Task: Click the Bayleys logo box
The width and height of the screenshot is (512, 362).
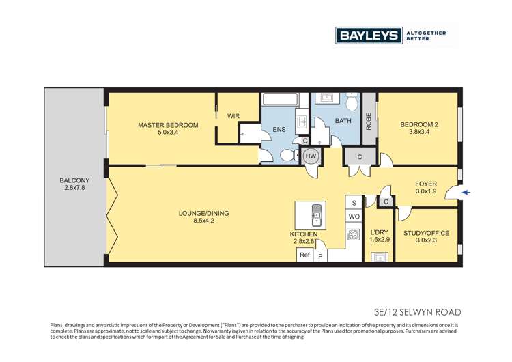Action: pyautogui.click(x=369, y=36)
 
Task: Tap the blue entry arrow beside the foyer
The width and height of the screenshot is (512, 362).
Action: pyautogui.click(x=466, y=193)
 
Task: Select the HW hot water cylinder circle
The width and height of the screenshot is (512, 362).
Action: pyautogui.click(x=310, y=156)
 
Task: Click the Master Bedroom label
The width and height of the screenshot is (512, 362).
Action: pyautogui.click(x=168, y=125)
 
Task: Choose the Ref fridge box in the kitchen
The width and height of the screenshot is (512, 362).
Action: pyautogui.click(x=304, y=255)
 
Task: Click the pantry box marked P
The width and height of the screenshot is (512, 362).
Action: pyautogui.click(x=320, y=256)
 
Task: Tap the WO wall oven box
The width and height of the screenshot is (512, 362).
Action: pyautogui.click(x=354, y=217)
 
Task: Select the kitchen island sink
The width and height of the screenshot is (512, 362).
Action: pyautogui.click(x=316, y=215)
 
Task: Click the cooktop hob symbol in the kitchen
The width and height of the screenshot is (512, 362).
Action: pyautogui.click(x=353, y=234)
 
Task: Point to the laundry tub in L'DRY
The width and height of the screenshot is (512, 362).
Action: pyautogui.click(x=380, y=257)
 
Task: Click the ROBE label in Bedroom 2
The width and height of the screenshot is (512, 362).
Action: pyautogui.click(x=369, y=122)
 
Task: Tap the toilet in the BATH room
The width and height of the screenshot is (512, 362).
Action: pyautogui.click(x=352, y=102)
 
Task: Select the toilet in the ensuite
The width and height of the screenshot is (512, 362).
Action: pyautogui.click(x=288, y=155)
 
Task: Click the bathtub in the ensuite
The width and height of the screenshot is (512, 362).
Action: pyautogui.click(x=280, y=99)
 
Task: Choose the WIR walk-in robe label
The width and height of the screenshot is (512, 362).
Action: pyautogui.click(x=233, y=116)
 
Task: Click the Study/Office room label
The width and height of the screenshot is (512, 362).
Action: pyautogui.click(x=426, y=233)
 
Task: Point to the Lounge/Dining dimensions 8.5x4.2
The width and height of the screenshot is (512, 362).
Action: pyautogui.click(x=203, y=221)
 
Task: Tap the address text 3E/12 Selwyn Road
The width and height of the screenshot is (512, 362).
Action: pyautogui.click(x=417, y=312)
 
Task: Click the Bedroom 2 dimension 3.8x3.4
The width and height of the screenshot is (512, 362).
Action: pyautogui.click(x=419, y=132)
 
